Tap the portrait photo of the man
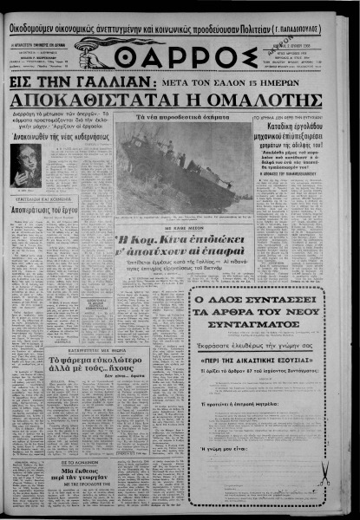pyautogui.click(x=25, y=165)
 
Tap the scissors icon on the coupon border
pyautogui.click(x=323, y=473)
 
